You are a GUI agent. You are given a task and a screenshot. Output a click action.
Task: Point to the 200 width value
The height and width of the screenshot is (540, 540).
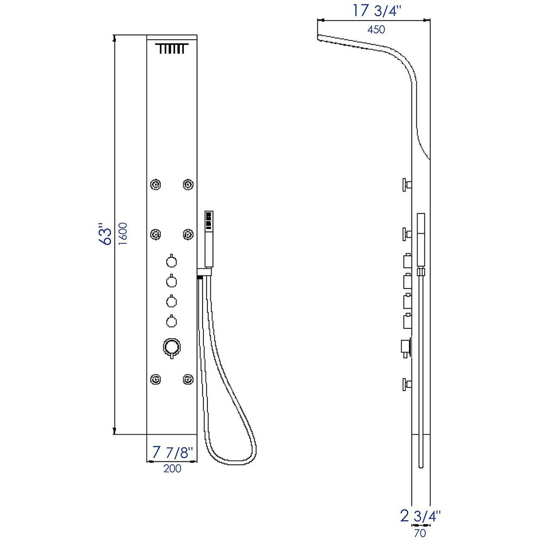pos(172,468)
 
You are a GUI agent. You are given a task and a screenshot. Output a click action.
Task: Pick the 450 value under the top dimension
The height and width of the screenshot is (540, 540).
pos(376,30)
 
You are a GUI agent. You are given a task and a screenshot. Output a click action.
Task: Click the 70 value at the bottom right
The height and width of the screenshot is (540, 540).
pos(419,534)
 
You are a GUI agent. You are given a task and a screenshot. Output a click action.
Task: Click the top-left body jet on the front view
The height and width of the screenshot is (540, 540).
pos(156,184)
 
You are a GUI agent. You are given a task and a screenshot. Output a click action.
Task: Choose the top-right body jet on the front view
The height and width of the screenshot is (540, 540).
pos(188,184)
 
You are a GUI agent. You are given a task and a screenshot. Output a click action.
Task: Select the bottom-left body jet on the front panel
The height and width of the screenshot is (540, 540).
pos(156,379)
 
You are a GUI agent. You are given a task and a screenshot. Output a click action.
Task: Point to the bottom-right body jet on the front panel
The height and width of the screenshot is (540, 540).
pos(188,379)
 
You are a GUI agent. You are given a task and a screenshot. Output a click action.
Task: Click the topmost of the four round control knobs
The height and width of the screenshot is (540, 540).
pos(171,261)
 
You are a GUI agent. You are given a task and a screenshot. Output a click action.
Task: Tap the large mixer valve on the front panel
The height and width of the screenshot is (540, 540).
pos(171,347)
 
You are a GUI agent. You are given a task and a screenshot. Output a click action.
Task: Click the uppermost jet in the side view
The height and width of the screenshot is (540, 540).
pos(407,184)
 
